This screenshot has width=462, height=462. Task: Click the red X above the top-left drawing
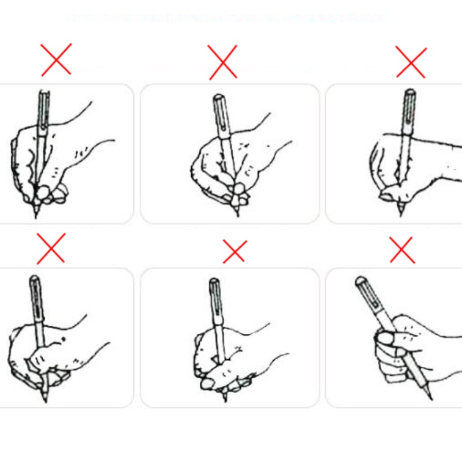click(x=56, y=59)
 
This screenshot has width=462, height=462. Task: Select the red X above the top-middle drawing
click(x=222, y=62)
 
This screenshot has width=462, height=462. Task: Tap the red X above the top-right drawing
click(x=411, y=62)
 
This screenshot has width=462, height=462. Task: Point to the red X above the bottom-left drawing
click(x=51, y=248)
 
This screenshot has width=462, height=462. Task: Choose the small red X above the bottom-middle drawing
click(x=234, y=251)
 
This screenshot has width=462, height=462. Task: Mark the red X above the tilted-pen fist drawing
click(x=402, y=250)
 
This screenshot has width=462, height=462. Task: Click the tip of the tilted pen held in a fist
click(x=428, y=397)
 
